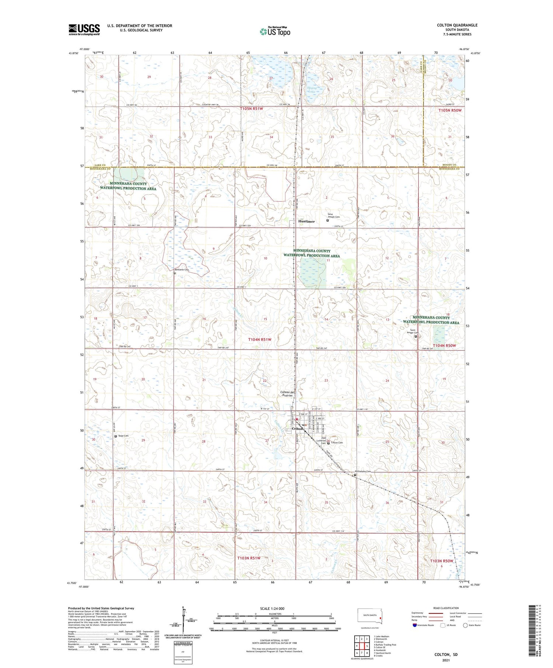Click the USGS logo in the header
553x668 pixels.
[x=84, y=29]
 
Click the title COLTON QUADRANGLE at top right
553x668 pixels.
[x=457, y=25]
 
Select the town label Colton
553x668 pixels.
[x=297, y=429]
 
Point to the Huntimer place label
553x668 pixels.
[x=306, y=221]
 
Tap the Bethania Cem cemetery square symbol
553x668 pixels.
[x=175, y=273]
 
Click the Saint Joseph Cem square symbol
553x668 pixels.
[x=327, y=221]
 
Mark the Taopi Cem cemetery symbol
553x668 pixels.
[x=115, y=436]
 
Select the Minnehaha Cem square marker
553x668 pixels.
[x=355, y=475]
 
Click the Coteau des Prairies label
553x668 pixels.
[x=288, y=394]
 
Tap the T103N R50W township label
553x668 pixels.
[x=442, y=561]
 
